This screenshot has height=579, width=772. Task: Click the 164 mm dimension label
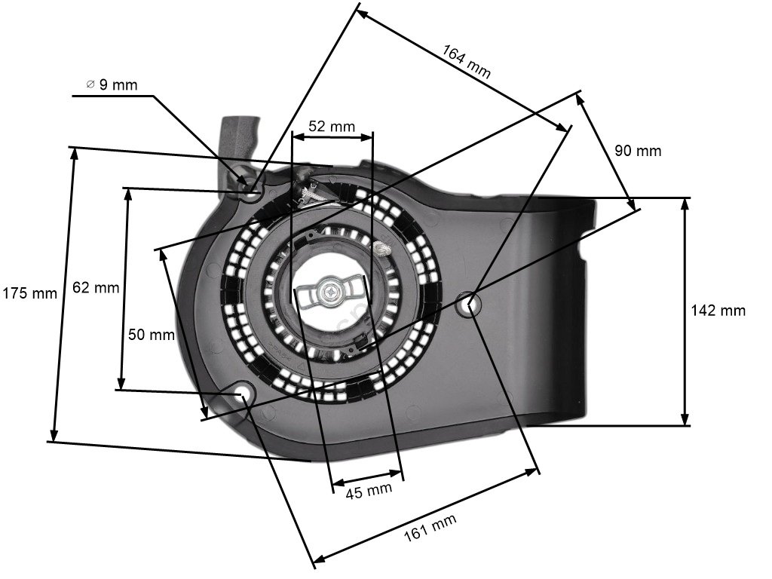[466, 63]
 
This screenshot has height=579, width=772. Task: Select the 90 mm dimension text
[638, 151]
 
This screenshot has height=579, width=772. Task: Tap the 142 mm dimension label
[718, 310]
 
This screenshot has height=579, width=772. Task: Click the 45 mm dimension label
[369, 491]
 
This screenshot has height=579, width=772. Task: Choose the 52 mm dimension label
[332, 127]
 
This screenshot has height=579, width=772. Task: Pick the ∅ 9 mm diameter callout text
[112, 85]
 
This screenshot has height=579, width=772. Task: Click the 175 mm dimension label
[29, 293]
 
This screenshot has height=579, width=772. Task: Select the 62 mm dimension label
[96, 287]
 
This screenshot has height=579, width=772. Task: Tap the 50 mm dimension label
[152, 334]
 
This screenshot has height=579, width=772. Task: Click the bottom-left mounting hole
[242, 394]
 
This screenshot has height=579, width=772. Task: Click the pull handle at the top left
[239, 140]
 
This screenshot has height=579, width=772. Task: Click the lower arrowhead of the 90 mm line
[631, 203]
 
